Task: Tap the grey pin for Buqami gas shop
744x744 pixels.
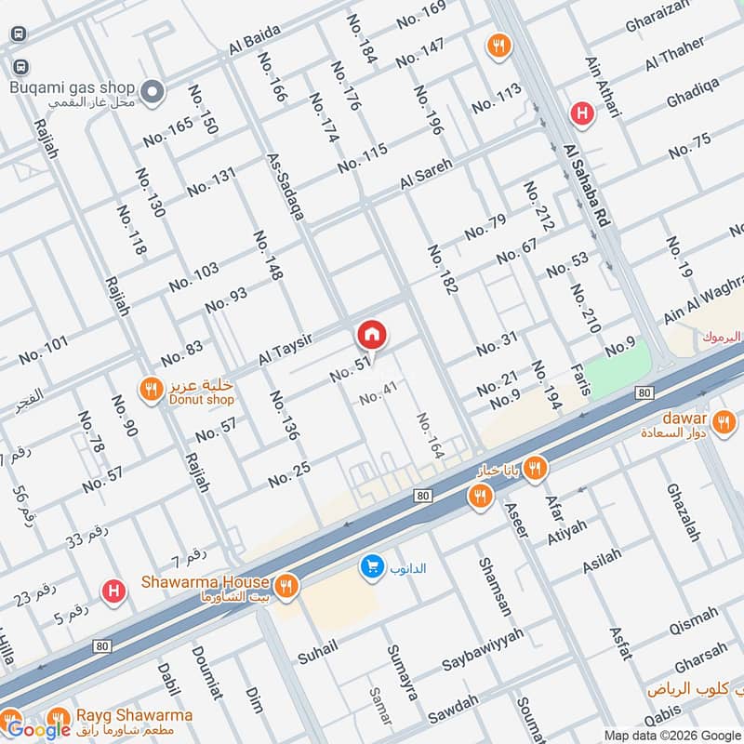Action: point(154,91)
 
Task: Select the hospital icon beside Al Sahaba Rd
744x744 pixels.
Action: point(582,113)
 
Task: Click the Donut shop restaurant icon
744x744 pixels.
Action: point(150,392)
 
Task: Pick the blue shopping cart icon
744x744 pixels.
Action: point(372,566)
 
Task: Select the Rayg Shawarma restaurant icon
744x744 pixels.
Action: point(59,719)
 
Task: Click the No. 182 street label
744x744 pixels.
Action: point(442,271)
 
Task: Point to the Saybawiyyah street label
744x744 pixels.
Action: point(483,648)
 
